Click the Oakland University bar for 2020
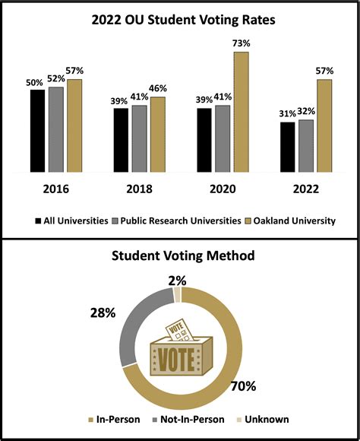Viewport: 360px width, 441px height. click(x=241, y=112)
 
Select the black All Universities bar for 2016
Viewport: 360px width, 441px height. click(x=37, y=131)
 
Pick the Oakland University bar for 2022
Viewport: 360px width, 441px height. click(x=324, y=125)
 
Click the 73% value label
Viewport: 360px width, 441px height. click(x=242, y=43)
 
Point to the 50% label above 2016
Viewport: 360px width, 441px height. click(x=35, y=82)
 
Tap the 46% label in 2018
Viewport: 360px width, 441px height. click(x=158, y=89)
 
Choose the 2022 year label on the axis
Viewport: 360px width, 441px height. click(x=306, y=189)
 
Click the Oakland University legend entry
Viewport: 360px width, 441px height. click(x=292, y=220)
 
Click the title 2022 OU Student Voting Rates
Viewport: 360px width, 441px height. click(x=180, y=20)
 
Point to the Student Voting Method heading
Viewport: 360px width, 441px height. click(x=180, y=256)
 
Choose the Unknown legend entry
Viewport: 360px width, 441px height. click(x=263, y=419)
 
